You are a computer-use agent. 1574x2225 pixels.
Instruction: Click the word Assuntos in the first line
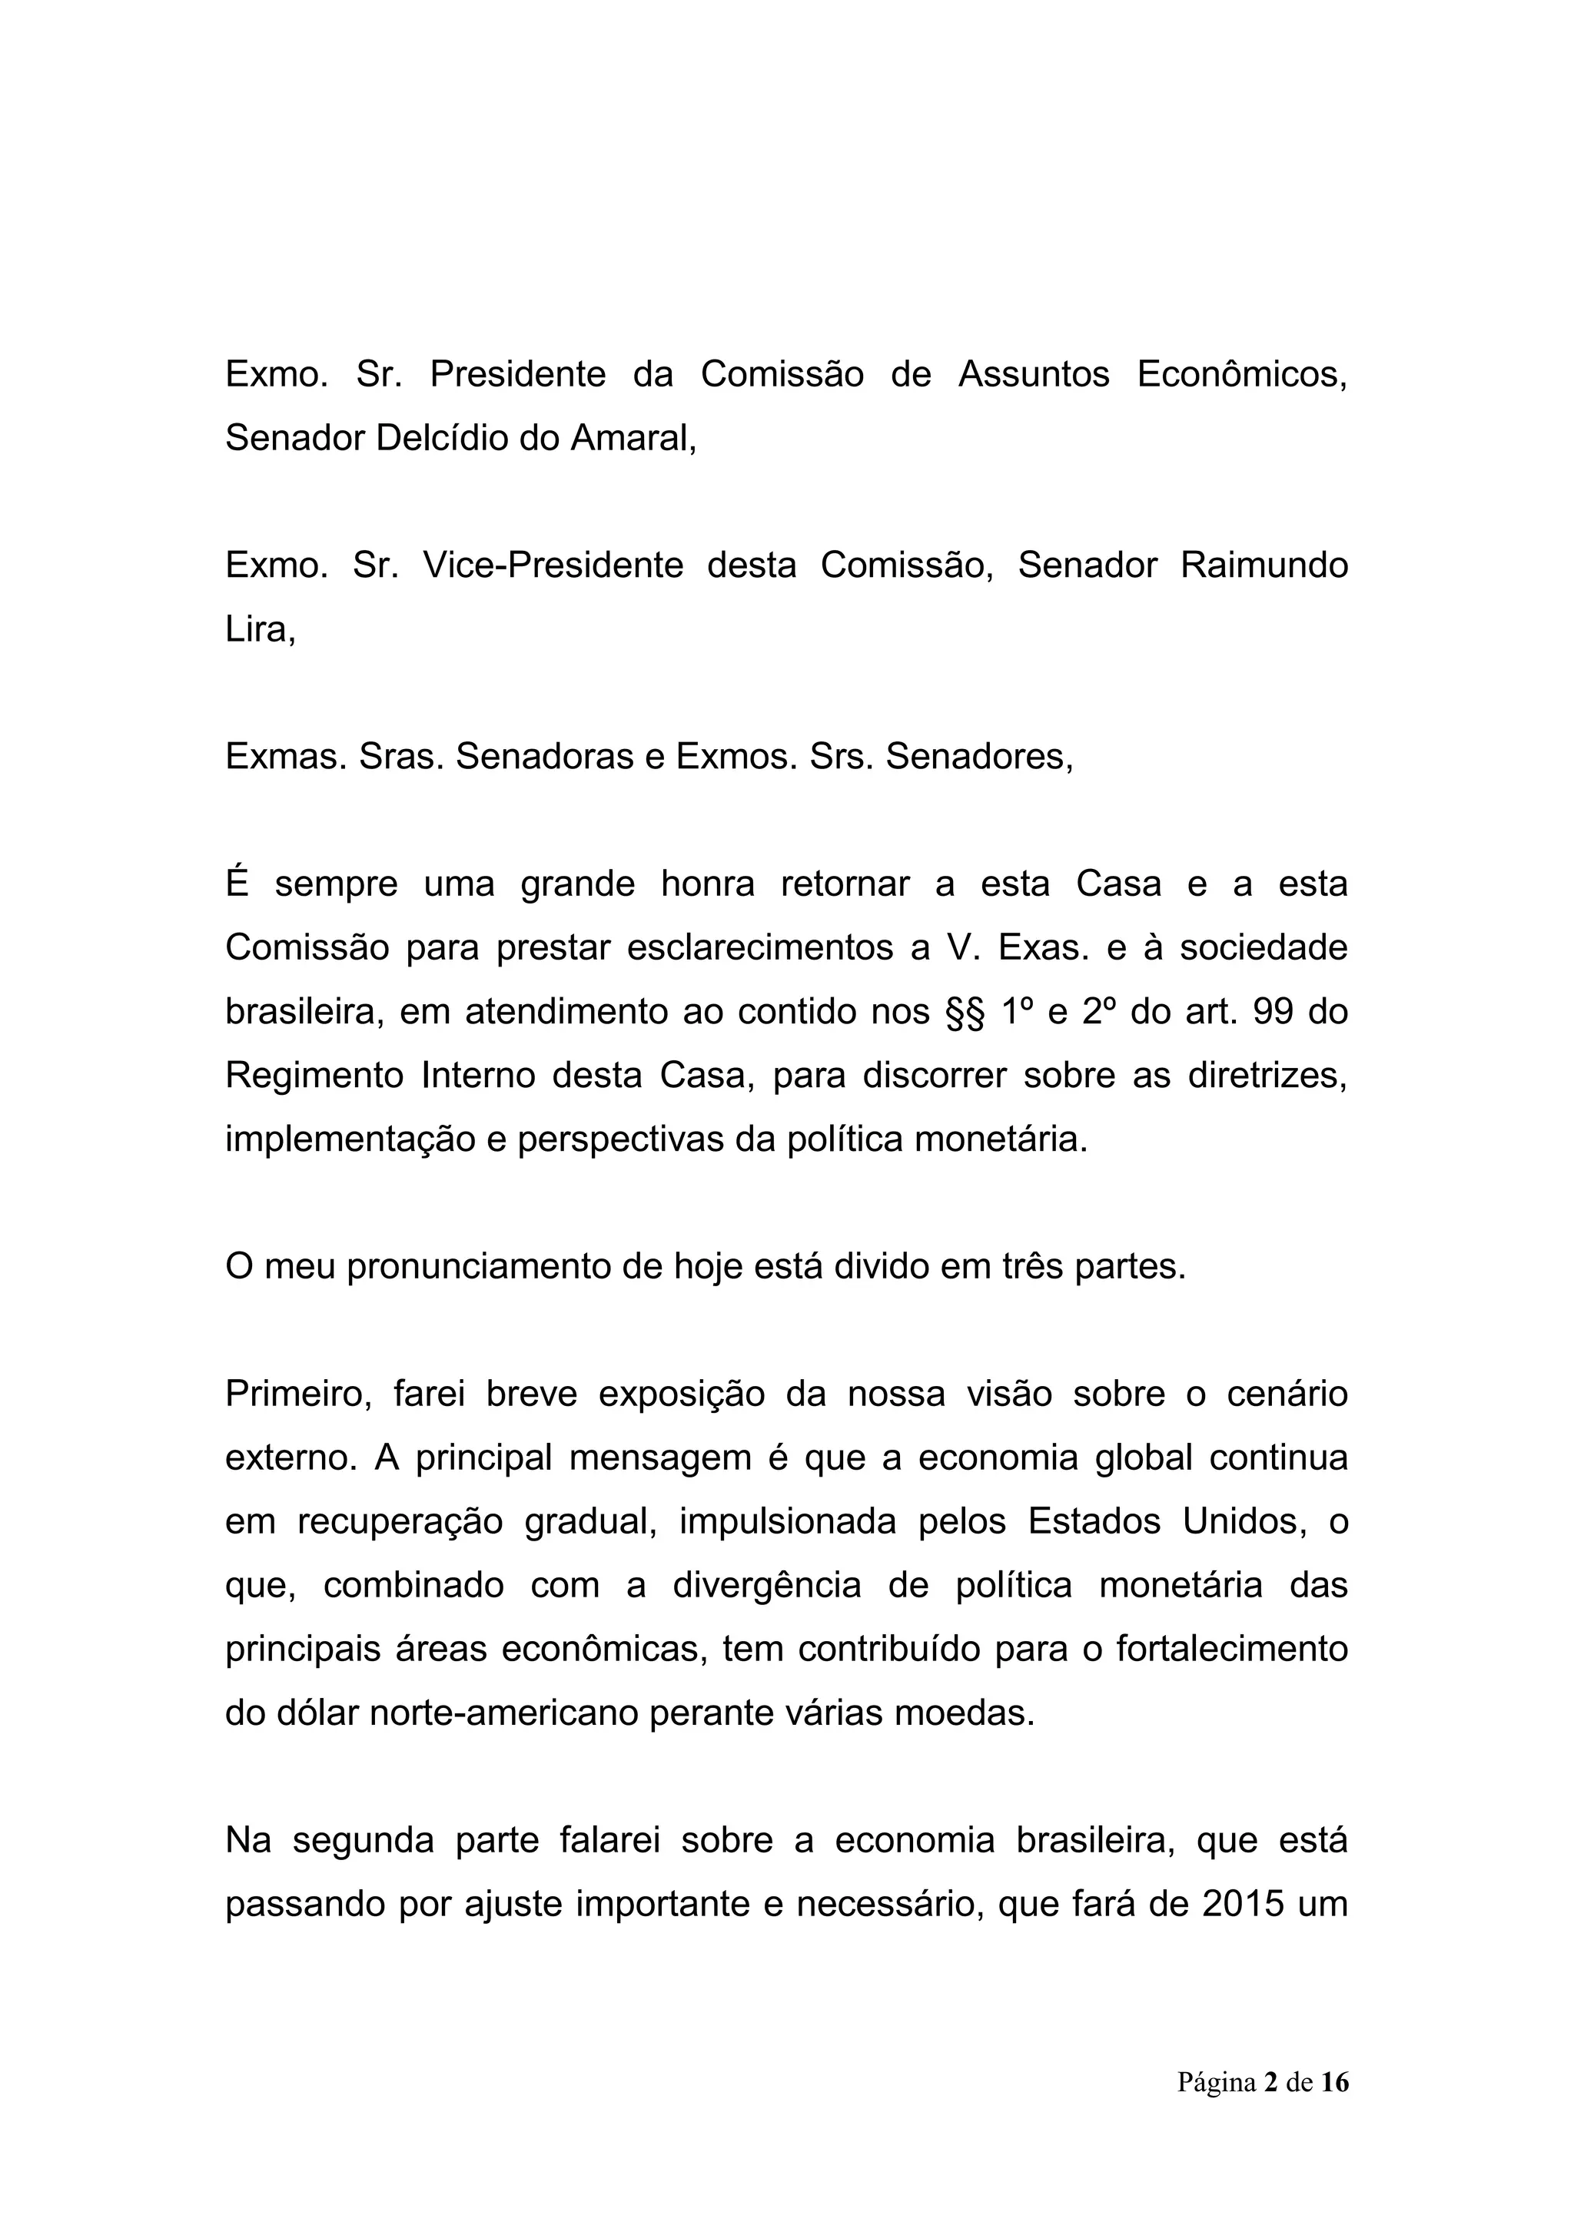click(1033, 374)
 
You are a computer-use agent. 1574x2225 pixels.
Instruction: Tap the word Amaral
click(632, 438)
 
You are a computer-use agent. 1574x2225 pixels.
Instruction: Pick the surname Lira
click(257, 629)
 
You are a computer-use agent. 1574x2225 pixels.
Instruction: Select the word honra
click(708, 884)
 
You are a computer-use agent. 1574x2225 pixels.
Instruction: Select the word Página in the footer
click(1217, 2083)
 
